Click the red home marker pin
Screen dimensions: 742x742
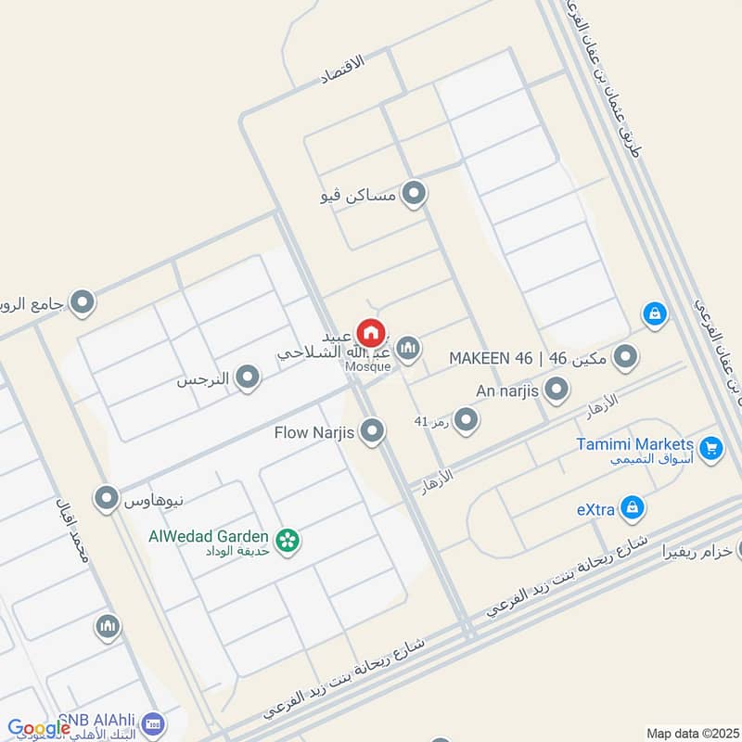point(371,331)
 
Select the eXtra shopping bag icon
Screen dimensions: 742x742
point(633,507)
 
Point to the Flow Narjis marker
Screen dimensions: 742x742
point(372,431)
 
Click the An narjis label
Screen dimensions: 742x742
point(507,390)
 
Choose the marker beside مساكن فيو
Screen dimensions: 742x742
point(415,194)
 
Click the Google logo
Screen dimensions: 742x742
point(39,729)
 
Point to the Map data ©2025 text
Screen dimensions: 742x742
point(691,733)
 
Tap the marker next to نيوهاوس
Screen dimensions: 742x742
point(108,499)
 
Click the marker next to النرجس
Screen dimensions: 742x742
point(247,377)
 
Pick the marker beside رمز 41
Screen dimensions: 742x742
point(466,420)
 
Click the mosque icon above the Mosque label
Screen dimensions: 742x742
point(408,349)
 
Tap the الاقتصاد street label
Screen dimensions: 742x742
point(346,70)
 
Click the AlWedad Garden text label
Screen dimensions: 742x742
point(209,535)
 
